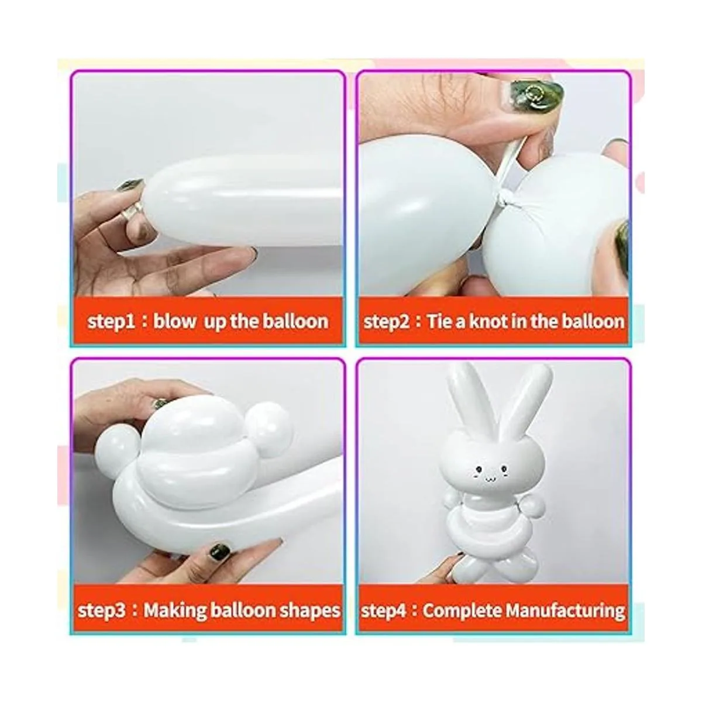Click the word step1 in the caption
[112, 322]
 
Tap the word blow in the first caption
[174, 321]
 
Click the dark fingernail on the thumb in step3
[219, 551]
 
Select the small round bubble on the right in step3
[268, 424]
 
